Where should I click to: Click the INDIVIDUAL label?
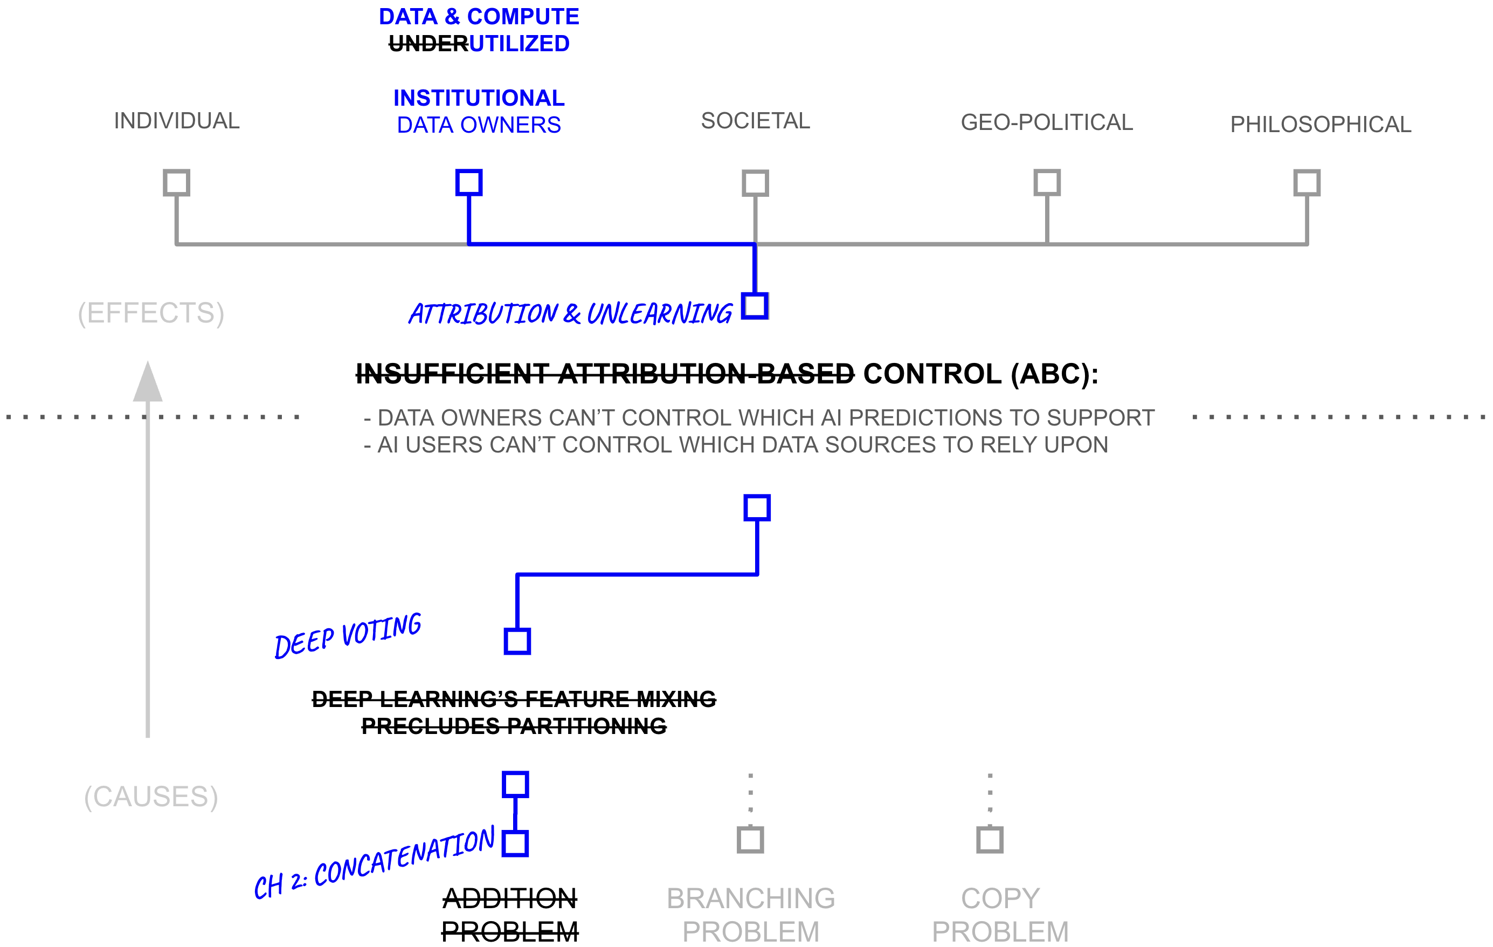pos(176,121)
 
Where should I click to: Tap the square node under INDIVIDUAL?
pos(176,183)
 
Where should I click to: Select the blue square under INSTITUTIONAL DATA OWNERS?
pos(469,182)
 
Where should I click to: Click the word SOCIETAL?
pos(755,121)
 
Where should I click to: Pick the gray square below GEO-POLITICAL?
pos(1047,182)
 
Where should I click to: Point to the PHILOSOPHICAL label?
pos(1320,125)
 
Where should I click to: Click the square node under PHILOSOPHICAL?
pos(1307,183)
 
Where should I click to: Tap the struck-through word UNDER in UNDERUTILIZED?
pos(428,44)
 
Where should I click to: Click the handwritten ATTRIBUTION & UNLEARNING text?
pos(570,314)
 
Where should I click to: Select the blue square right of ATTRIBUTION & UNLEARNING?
pos(755,306)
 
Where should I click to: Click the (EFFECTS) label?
pos(151,313)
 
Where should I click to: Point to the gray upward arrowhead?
pos(148,383)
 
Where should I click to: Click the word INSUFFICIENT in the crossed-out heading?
pos(452,374)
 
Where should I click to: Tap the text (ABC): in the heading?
pos(1054,374)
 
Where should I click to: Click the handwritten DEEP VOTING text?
pos(348,635)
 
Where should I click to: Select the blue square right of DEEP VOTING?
pos(517,641)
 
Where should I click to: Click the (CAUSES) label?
pos(151,797)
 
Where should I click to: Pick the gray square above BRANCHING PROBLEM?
pos(750,840)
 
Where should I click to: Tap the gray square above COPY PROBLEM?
pos(990,840)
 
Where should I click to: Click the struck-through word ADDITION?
pos(510,898)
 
